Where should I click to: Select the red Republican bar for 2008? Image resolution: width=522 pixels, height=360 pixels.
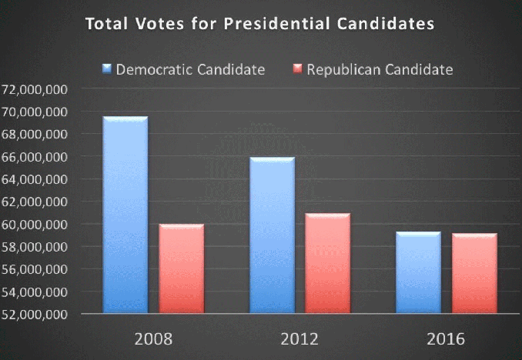[182, 268]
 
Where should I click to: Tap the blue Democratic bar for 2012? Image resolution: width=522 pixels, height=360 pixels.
[271, 235]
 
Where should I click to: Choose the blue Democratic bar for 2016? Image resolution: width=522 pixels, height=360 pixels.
[418, 272]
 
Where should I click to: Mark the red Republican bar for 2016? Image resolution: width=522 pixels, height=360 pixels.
[475, 273]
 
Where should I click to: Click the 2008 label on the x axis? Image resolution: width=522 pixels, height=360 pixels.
[152, 339]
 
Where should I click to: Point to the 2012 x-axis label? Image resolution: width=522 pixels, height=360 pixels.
[299, 339]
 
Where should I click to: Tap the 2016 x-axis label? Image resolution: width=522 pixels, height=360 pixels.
[446, 339]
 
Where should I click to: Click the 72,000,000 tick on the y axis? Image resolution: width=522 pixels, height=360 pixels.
[35, 89]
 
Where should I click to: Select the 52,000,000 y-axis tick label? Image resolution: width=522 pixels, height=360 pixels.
[35, 315]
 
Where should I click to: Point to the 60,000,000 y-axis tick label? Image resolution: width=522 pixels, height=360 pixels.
[35, 225]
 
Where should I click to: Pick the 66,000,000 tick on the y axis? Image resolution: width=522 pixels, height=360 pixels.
[35, 157]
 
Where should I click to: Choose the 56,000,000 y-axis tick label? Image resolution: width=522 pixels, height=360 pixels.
[35, 270]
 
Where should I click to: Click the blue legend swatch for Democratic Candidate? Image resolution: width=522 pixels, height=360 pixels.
[107, 70]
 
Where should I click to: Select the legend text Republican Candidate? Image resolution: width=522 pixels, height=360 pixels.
[380, 70]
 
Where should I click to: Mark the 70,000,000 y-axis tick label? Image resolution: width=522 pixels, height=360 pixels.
[35, 112]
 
